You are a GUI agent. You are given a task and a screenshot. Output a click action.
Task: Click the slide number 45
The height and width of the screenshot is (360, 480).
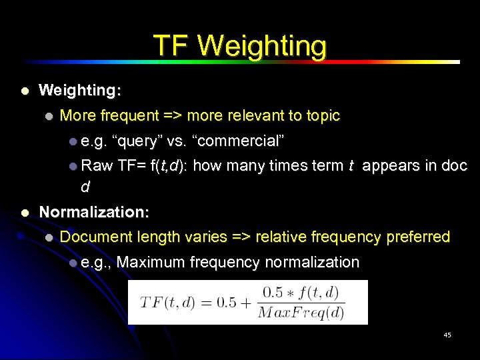click(x=447, y=335)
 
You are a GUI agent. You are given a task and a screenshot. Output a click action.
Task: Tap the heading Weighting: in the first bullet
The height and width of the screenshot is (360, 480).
click(x=80, y=90)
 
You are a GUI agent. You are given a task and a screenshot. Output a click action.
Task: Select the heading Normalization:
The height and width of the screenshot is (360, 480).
click(x=94, y=213)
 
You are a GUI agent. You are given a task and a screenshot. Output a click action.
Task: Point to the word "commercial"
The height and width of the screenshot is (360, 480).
click(x=238, y=141)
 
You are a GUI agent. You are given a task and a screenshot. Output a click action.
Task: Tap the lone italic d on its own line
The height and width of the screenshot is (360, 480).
click(x=85, y=187)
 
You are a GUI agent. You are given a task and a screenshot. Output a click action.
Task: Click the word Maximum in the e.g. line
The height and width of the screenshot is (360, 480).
click(x=151, y=262)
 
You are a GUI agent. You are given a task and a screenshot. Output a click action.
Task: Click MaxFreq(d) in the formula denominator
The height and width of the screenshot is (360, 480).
click(x=300, y=311)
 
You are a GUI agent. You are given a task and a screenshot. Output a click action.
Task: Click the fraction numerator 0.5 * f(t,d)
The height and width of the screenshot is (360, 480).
click(x=300, y=292)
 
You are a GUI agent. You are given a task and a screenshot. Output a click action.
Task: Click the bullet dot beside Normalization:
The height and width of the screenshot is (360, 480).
click(x=25, y=213)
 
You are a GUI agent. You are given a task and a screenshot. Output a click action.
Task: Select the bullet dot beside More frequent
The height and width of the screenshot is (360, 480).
click(x=48, y=116)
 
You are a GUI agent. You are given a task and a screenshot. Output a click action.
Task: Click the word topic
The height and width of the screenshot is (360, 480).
click(x=323, y=115)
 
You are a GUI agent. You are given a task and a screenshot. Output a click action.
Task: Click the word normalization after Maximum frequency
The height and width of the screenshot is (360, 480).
click(x=312, y=262)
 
